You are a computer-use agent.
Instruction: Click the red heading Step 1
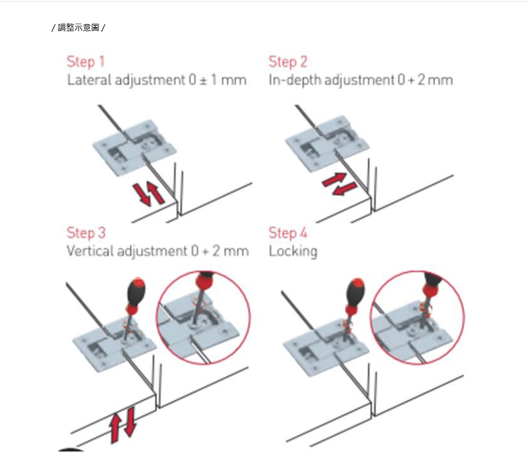click(86, 62)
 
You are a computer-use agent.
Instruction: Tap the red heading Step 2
click(288, 62)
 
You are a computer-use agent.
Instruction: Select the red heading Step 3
click(86, 233)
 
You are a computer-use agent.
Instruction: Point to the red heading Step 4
click(288, 233)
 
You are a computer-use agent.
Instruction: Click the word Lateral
click(89, 80)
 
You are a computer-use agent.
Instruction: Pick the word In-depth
click(295, 81)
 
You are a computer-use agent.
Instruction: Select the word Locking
click(293, 252)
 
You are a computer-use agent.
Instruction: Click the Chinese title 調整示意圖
click(79, 27)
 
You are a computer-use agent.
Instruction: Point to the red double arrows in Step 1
click(149, 194)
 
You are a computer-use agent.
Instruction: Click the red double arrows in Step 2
click(339, 184)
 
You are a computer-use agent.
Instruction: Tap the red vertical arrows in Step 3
click(123, 424)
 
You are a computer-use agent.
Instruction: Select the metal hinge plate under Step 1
click(135, 147)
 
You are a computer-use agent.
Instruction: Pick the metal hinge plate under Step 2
click(327, 144)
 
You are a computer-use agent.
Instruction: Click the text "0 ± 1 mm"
click(217, 80)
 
